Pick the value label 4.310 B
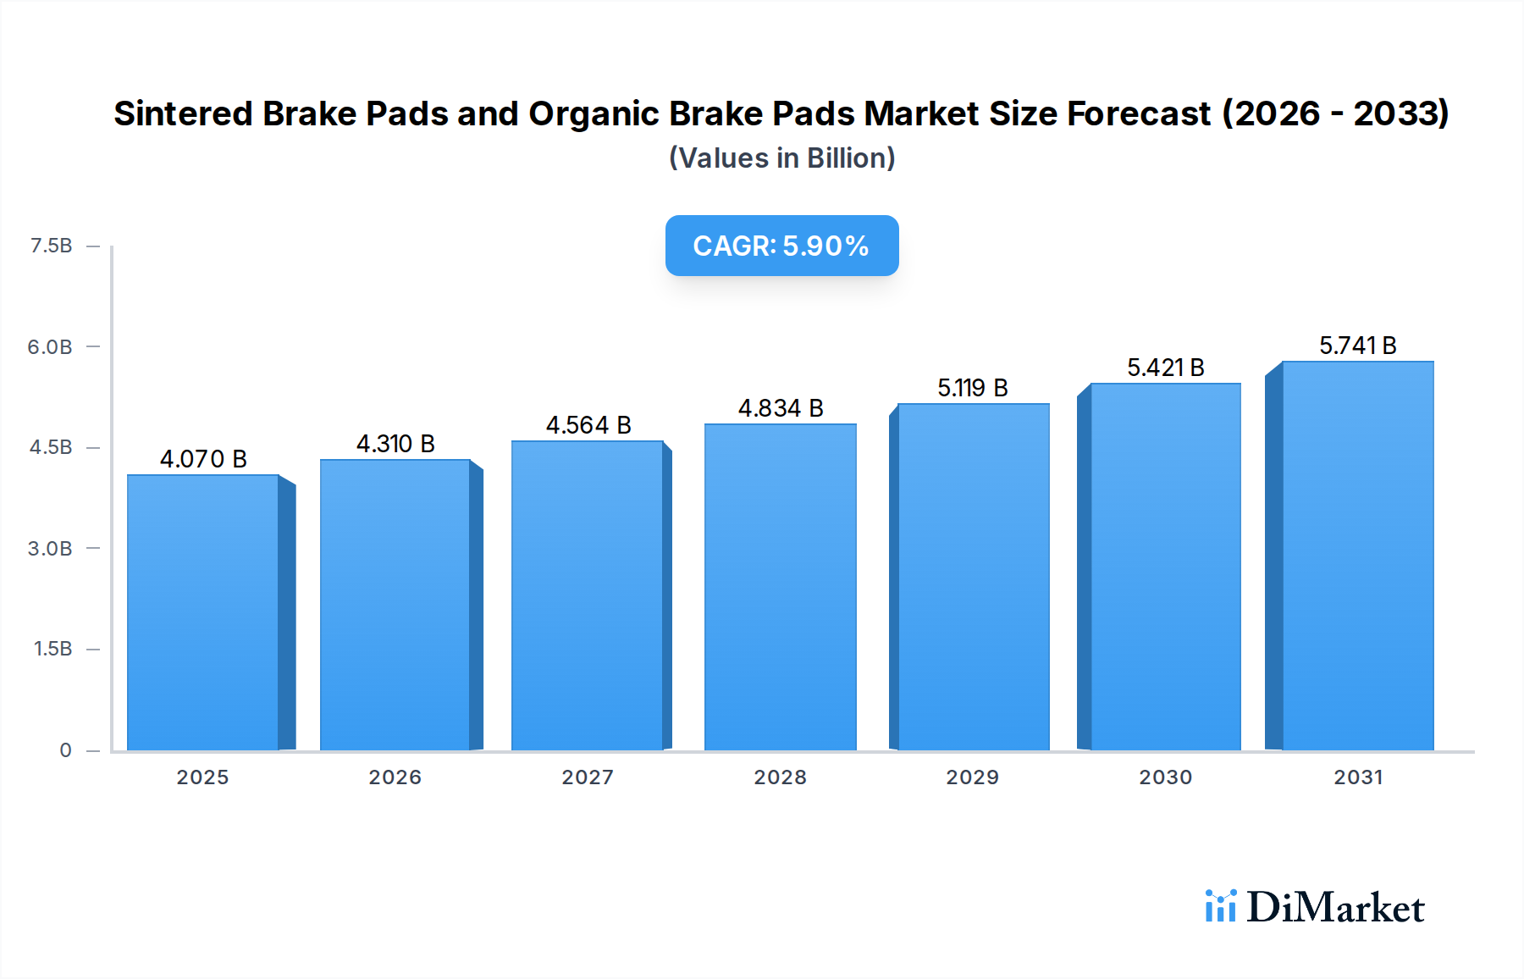(395, 444)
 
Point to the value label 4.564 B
(588, 425)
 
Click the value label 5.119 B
(972, 388)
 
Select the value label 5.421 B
(1165, 368)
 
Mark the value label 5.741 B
(1357, 346)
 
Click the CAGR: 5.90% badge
(781, 246)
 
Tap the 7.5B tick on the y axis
(51, 246)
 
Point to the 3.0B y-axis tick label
(50, 548)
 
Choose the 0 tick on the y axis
(65, 749)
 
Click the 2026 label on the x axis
(395, 777)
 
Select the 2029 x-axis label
(972, 777)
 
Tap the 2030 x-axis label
(1165, 777)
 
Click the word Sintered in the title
(183, 113)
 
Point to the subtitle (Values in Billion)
(781, 158)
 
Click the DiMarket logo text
(1335, 908)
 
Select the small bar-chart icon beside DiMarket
(1220, 906)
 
